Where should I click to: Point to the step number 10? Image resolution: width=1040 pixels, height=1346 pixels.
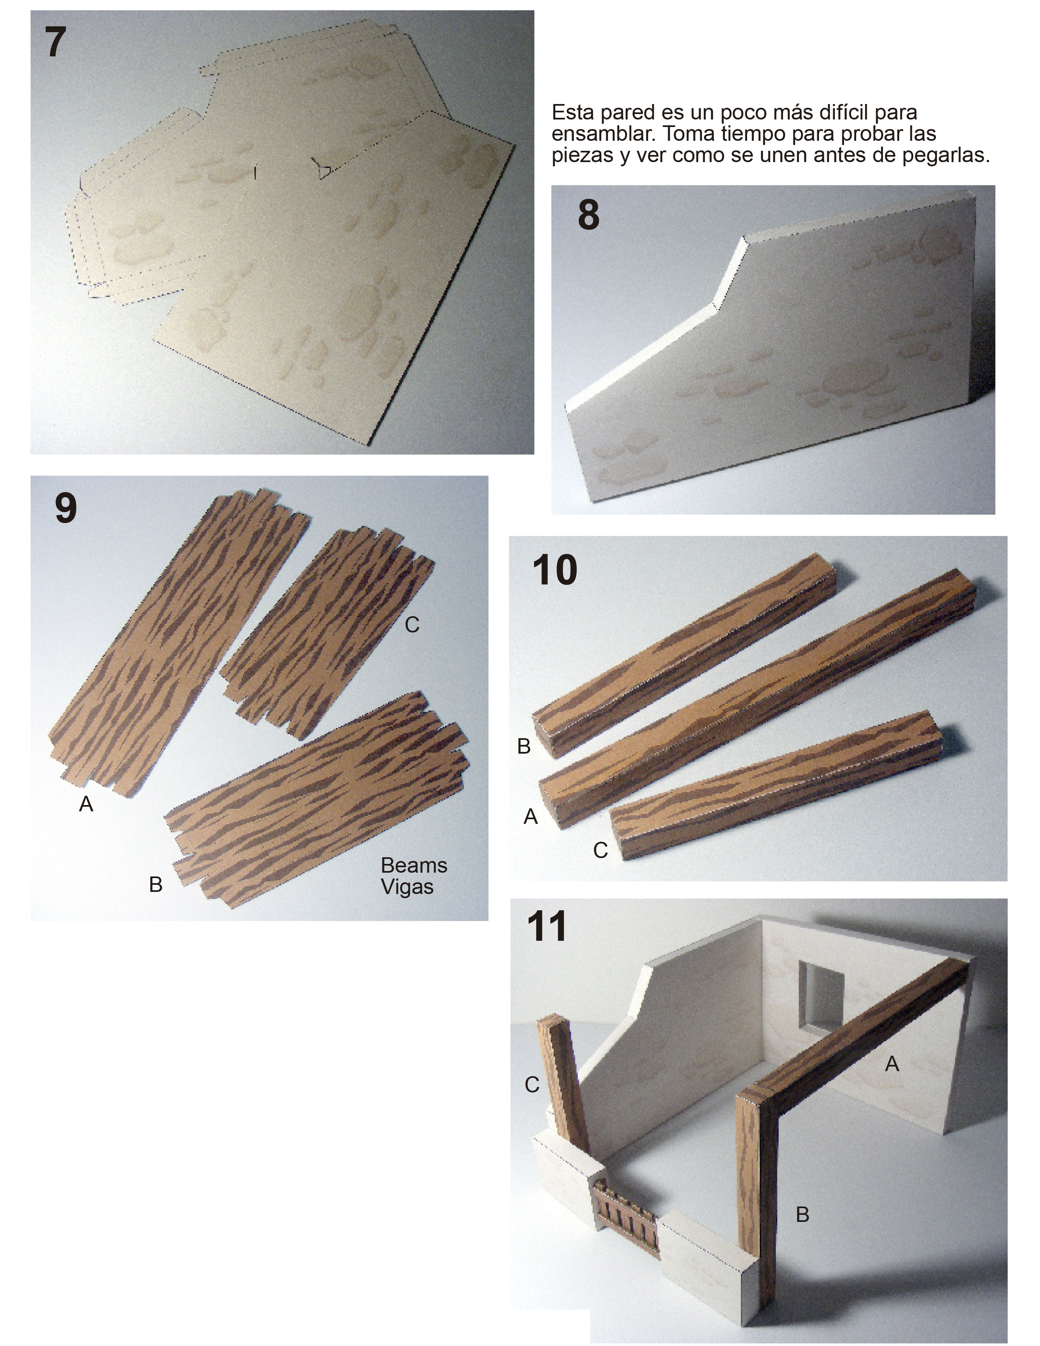(555, 570)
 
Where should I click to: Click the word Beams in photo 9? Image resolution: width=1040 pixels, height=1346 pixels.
(414, 865)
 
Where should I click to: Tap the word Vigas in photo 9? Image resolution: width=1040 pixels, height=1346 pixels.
(407, 887)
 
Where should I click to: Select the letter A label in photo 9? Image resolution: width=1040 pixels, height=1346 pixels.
(86, 804)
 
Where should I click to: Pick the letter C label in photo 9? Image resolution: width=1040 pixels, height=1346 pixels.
(412, 625)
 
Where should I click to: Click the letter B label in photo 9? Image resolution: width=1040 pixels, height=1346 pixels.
(155, 884)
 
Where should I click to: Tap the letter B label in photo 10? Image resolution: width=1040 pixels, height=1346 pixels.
(524, 747)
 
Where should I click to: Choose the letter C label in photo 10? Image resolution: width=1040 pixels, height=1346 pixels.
(600, 851)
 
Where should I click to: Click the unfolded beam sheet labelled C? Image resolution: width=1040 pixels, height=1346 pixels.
(327, 632)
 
